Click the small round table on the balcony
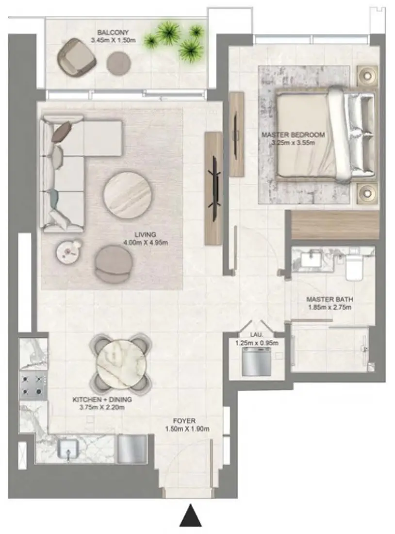(x=119, y=63)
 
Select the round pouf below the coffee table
(x=112, y=263)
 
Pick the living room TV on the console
(x=214, y=187)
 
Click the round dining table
(x=121, y=360)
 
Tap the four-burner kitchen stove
(x=33, y=384)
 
